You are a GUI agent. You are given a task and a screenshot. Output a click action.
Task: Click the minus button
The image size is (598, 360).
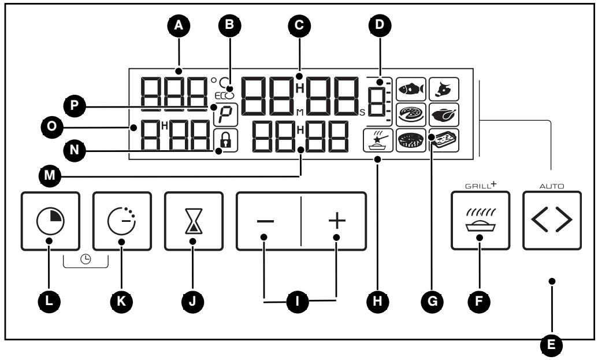point(268,221)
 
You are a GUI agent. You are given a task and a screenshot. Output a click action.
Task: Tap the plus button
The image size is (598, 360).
point(334,221)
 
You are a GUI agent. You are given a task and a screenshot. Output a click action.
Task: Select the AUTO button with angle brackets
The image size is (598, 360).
point(552,220)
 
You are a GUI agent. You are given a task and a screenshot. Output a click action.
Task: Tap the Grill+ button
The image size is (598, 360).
point(480,220)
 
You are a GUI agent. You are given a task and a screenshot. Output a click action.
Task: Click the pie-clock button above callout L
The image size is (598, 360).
point(50,221)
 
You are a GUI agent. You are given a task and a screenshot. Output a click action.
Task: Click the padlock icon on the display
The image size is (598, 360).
point(225,140)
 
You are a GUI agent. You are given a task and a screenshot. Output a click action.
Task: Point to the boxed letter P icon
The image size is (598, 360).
point(225,114)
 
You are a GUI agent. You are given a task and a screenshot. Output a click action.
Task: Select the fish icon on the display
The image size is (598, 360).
point(411,89)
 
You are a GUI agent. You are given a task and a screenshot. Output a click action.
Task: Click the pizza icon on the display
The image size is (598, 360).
point(411,114)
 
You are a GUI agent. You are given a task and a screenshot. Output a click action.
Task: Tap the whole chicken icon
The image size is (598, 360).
point(444,114)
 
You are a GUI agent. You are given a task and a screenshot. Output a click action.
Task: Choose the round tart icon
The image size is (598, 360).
point(411,140)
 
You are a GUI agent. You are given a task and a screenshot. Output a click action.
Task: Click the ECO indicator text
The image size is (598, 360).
point(224,96)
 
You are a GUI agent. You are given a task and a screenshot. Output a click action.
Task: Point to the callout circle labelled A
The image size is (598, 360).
point(179,25)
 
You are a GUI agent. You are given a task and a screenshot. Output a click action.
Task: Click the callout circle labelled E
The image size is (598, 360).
point(551,345)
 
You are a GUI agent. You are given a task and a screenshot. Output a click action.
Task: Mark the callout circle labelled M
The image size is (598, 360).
point(50,176)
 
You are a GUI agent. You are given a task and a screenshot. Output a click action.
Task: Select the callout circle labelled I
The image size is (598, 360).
point(298,302)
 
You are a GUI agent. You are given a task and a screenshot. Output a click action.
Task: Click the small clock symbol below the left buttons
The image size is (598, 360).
point(86,259)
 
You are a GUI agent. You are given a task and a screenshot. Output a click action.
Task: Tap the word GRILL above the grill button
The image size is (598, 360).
point(477,187)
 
